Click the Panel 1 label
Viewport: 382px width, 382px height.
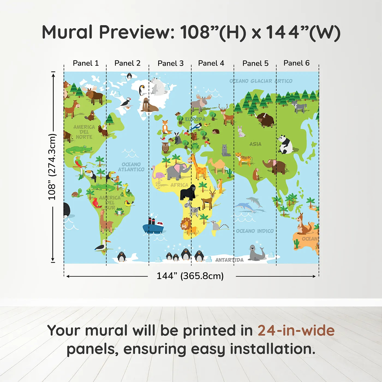point(86,63)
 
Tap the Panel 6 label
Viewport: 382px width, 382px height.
point(296,63)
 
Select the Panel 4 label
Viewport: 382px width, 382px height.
point(211,63)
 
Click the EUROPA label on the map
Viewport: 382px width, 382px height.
point(195,119)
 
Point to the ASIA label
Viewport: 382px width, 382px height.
point(255,144)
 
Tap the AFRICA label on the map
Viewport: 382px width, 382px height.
point(179,185)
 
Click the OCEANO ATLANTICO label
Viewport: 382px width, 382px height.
point(131,167)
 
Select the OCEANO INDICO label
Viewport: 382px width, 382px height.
point(255,231)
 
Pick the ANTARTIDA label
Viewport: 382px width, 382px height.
point(229,260)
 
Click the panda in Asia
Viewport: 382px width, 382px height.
point(285,145)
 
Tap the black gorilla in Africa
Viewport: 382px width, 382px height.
point(188,192)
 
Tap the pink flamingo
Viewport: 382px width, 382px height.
point(158,177)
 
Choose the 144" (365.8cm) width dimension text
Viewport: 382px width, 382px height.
point(190,276)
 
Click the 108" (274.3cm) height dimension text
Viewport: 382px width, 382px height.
point(52,167)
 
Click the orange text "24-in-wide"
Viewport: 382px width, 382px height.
point(296,330)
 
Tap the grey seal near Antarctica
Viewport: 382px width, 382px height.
point(256,253)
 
